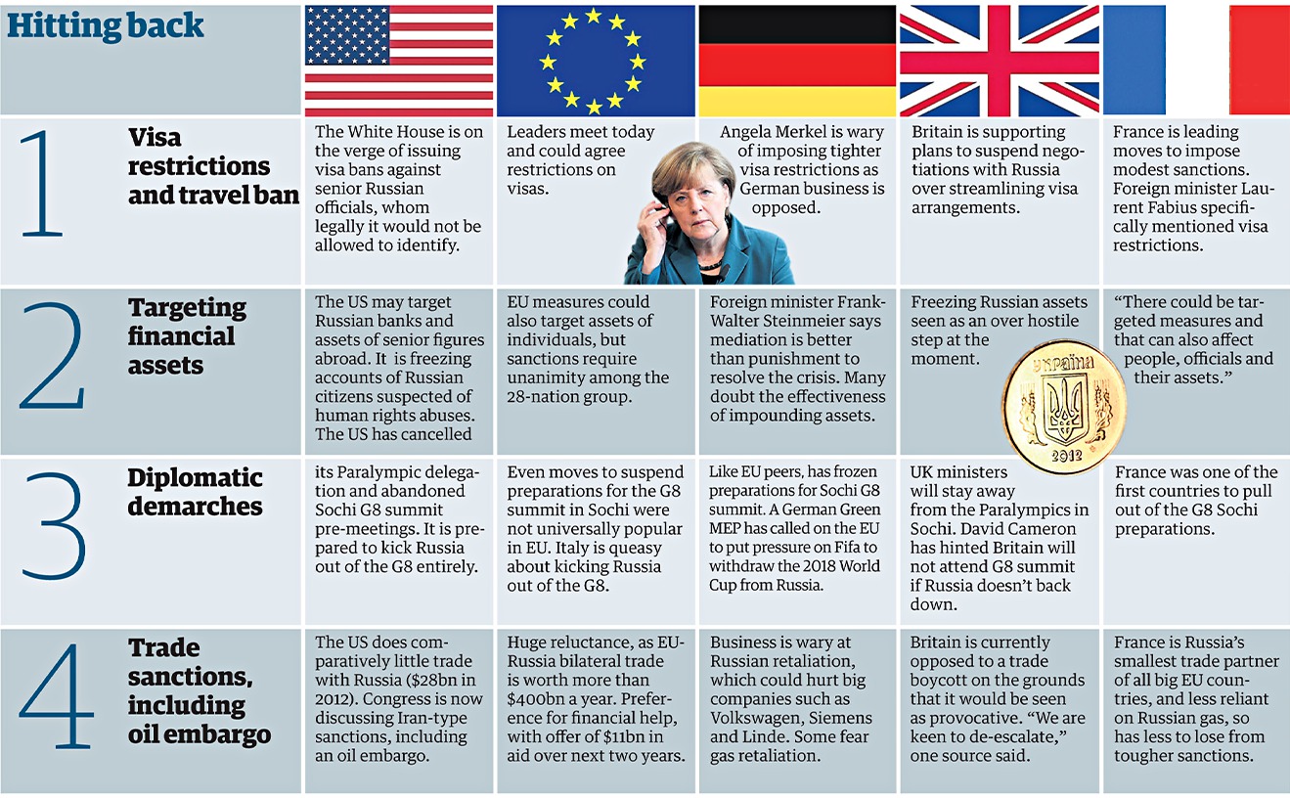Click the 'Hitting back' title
[x=106, y=25]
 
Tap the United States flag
[x=399, y=61]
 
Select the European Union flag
[x=596, y=61]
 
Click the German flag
[x=797, y=61]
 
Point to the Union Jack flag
[x=999, y=61]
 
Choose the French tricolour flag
[x=1196, y=61]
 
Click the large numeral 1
[x=41, y=185]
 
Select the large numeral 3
[x=54, y=525]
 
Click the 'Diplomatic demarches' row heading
[x=195, y=492]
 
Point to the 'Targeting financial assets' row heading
[x=187, y=336]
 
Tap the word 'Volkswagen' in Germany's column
[x=755, y=717]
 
